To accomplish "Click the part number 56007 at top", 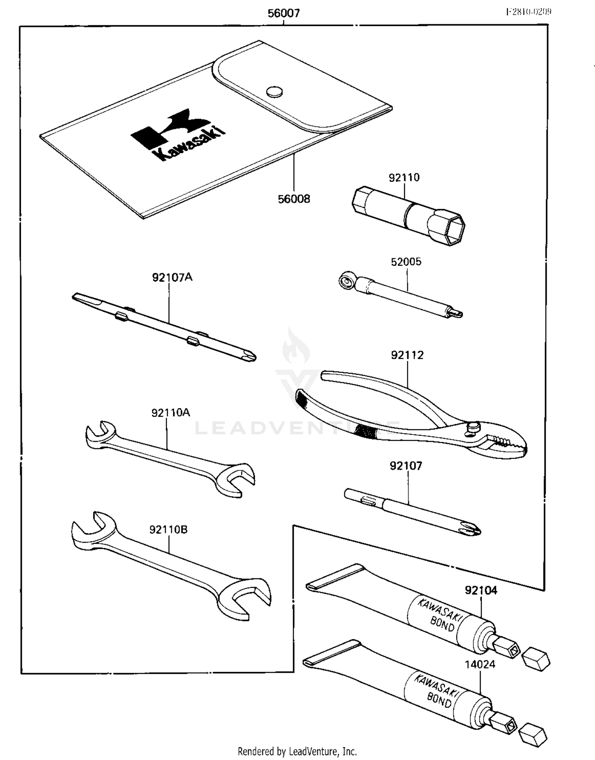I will pos(283,13).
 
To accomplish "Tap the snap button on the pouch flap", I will pos(274,92).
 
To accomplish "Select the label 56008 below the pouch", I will pos(294,199).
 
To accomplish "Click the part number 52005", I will pos(406,262).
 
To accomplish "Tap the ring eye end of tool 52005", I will pos(346,280).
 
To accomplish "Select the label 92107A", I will pos(172,277).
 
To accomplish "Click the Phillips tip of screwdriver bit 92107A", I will pos(249,356).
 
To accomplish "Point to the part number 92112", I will pos(407,355).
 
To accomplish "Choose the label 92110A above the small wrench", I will pos(171,413).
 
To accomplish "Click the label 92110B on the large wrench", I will pos(168,530).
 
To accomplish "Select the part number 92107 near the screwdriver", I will pos(406,466).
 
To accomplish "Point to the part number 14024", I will pos(480,664).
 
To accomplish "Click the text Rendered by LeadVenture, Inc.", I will pos(297,751).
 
